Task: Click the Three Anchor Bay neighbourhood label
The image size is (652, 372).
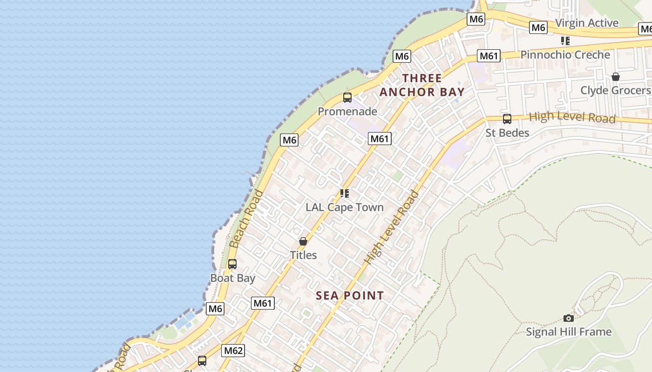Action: tap(422, 85)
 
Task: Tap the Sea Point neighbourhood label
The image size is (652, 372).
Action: tap(350, 296)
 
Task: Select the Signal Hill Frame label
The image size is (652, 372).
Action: tap(568, 332)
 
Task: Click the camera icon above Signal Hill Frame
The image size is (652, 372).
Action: tap(568, 318)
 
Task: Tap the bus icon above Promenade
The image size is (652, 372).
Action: tap(347, 98)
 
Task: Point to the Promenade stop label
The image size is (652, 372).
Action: tap(347, 112)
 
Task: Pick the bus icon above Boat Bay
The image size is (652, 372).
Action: tap(232, 264)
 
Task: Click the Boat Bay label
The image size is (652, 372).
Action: tap(232, 278)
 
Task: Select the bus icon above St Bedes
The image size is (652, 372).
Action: tap(507, 119)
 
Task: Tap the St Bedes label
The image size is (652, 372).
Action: tap(507, 133)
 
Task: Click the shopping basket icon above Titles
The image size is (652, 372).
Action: tap(303, 241)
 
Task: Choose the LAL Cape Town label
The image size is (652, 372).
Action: tap(344, 207)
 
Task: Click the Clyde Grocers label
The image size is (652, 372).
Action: tap(615, 90)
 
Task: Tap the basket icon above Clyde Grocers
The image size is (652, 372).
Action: tap(615, 76)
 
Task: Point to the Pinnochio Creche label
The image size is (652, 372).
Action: tap(565, 55)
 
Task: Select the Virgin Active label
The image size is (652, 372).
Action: tap(586, 23)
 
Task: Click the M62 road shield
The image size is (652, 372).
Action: tap(233, 351)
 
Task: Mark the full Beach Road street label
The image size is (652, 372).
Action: tap(246, 219)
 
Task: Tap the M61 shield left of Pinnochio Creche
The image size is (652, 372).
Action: tap(489, 56)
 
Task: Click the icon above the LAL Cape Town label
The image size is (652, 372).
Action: tap(344, 193)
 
